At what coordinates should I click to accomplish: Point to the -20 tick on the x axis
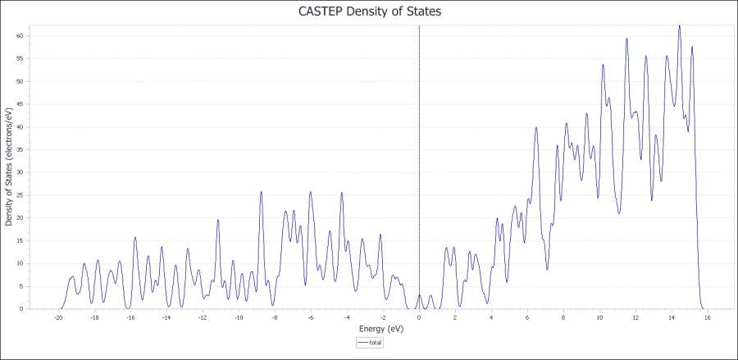coord(58,317)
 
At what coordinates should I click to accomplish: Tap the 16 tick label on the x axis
coord(707,317)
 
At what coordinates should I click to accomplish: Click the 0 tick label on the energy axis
coord(419,317)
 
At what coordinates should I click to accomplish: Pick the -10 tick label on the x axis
coord(239,317)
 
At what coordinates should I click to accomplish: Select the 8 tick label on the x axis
coord(563,317)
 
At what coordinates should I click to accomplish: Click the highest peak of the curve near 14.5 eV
coord(679,26)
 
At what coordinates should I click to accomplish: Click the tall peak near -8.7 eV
coord(261,193)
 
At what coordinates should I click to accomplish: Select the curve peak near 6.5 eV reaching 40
coord(536,128)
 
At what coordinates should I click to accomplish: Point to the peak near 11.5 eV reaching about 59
coord(626,39)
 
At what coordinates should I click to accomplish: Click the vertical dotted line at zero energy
coord(419,164)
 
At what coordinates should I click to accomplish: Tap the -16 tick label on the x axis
coord(130,317)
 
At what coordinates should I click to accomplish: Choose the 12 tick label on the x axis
coord(635,317)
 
